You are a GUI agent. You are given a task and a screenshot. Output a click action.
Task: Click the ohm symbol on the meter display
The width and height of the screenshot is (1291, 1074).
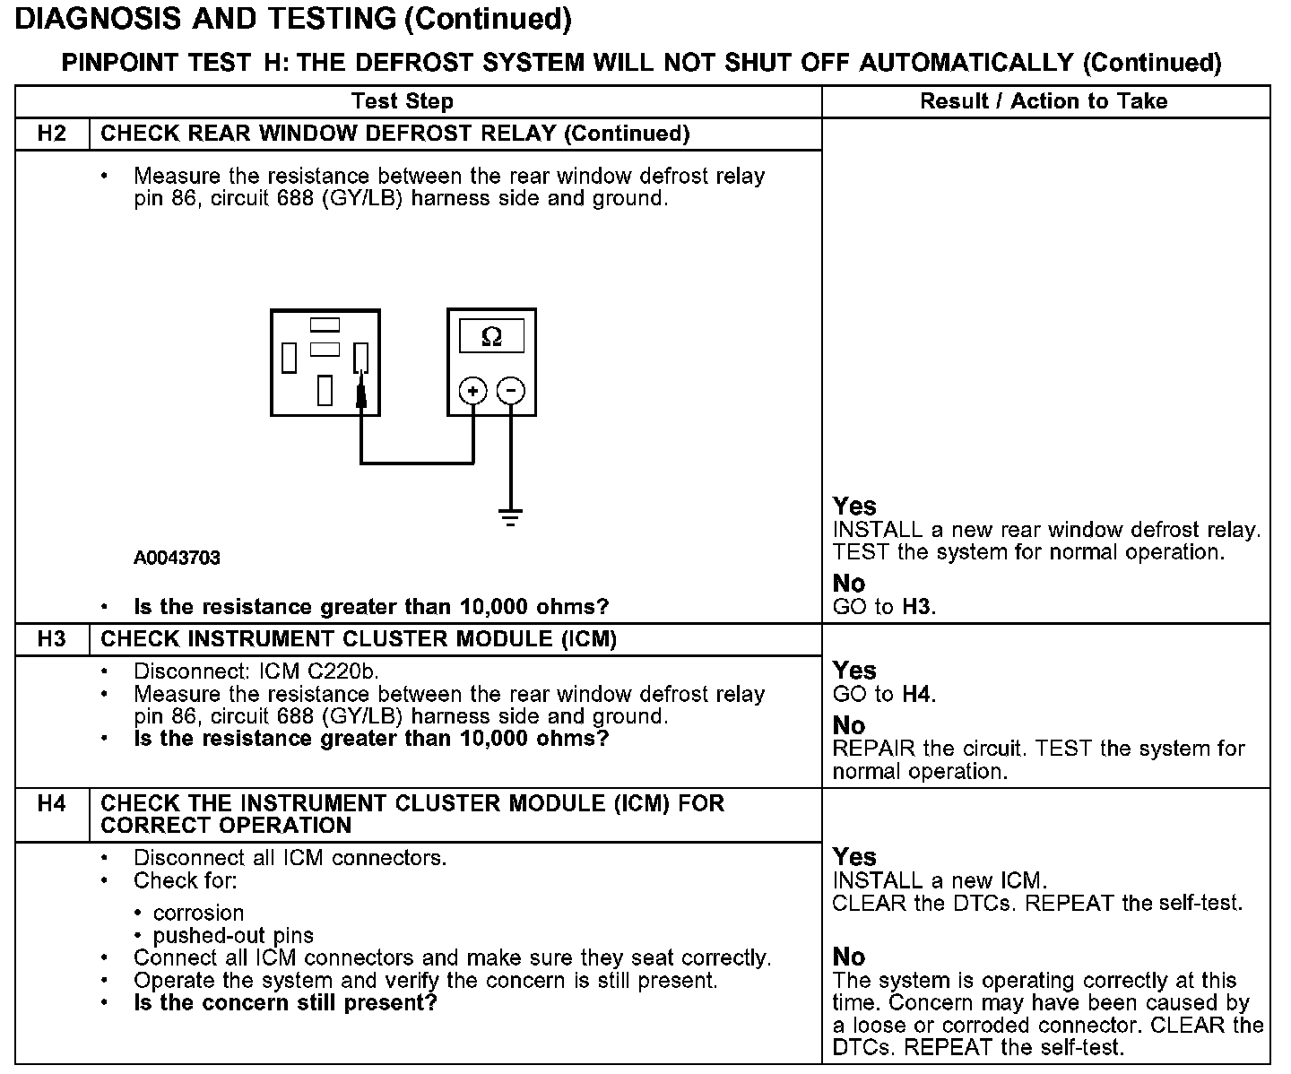491,337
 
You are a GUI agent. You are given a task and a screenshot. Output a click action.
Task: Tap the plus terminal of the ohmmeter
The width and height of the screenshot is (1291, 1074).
472,391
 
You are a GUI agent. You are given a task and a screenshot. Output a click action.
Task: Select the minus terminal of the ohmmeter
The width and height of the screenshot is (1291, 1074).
511,391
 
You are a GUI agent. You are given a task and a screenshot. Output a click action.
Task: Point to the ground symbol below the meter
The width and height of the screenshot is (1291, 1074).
511,516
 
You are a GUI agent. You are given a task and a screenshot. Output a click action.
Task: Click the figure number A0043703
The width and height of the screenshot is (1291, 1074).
177,558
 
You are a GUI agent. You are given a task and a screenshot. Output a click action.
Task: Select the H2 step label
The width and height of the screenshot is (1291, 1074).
52,134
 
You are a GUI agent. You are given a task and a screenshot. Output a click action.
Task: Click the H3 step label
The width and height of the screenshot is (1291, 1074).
52,639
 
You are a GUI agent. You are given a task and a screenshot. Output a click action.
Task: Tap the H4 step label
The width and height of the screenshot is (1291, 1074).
52,803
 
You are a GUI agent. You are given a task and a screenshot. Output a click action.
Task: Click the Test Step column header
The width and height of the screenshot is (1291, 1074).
403,101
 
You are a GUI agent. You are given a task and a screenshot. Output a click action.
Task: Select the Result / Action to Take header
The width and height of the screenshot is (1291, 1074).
1044,101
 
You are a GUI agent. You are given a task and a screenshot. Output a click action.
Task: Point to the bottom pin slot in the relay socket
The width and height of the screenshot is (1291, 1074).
325,391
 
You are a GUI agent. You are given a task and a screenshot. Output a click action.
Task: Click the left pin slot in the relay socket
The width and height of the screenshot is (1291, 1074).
289,358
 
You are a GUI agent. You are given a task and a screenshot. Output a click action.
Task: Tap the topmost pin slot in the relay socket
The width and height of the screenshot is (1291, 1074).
325,325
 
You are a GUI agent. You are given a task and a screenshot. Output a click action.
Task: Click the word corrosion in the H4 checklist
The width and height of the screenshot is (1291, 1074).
198,913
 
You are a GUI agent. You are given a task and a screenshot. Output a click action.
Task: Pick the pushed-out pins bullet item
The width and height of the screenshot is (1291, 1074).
233,936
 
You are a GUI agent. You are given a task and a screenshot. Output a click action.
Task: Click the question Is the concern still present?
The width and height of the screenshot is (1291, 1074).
285,1002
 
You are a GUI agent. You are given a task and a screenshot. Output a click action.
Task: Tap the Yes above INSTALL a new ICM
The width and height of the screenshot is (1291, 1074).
853,856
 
